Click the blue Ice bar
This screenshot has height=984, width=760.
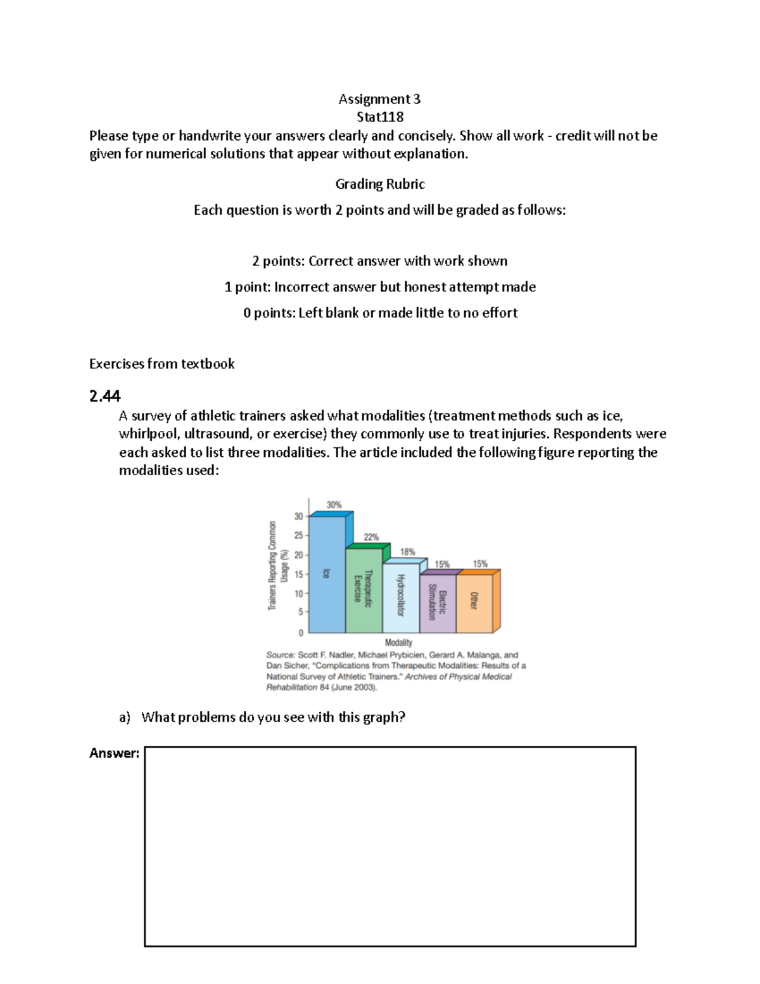point(327,574)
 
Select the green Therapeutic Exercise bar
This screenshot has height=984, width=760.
point(364,590)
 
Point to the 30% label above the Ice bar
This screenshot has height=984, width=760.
point(334,505)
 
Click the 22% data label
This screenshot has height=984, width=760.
point(370,537)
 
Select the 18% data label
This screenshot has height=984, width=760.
point(407,552)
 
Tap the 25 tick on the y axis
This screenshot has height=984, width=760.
point(298,535)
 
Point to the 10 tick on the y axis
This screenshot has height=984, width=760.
point(298,594)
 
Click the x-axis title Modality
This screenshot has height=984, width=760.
point(398,642)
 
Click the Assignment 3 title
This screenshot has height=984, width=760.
point(379,99)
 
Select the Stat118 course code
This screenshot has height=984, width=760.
point(380,117)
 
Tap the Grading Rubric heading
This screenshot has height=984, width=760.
point(380,184)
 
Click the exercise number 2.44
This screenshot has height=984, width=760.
point(104,396)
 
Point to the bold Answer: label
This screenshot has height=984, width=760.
point(114,753)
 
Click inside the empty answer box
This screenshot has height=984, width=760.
point(389,846)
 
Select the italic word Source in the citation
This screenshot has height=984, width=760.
point(280,655)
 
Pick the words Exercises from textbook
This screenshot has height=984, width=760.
point(161,364)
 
